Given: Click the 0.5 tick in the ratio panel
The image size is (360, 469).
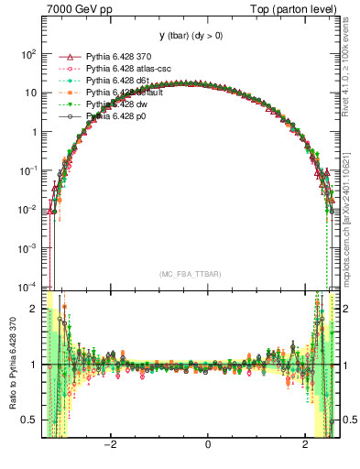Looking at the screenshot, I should pyautogui.click(x=31, y=420).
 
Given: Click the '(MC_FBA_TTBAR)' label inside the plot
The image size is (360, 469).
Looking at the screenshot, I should pyautogui.click(x=190, y=274).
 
